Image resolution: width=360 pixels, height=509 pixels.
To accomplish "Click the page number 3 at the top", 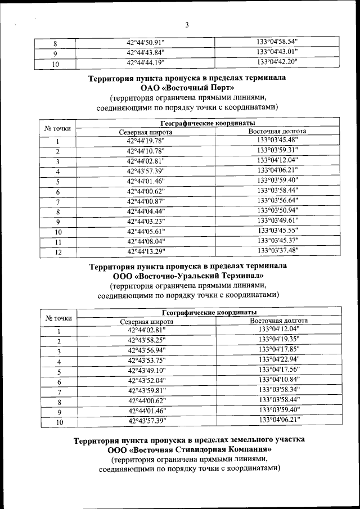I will [187, 24].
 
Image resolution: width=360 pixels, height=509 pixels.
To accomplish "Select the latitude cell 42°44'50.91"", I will [145, 42].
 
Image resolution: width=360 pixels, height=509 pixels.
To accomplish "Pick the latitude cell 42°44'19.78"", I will [145, 141].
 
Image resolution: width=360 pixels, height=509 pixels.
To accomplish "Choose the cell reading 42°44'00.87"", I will [146, 201].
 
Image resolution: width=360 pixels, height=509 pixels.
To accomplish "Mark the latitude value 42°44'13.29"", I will [146, 251].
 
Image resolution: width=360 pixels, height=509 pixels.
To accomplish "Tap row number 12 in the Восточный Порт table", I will [57, 252].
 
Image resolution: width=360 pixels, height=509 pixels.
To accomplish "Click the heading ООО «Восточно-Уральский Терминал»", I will [188, 276].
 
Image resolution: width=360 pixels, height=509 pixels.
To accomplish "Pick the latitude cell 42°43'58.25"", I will [146, 340].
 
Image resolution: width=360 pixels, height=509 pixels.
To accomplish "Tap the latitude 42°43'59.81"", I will [146, 391].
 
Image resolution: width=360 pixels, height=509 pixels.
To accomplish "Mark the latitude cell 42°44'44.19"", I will [145, 62].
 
